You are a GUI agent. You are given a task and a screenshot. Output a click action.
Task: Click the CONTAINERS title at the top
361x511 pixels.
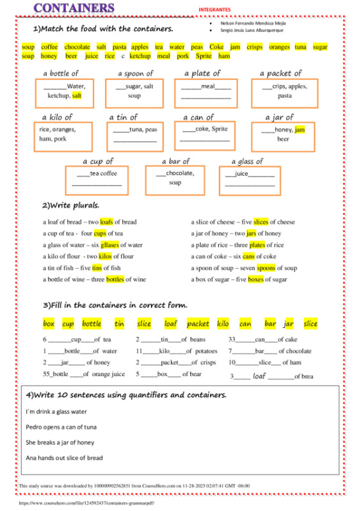click(74, 8)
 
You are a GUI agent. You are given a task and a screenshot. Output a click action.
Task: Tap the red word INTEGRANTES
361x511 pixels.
click(214, 10)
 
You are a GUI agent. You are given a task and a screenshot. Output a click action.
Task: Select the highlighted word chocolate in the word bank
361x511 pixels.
click(77, 47)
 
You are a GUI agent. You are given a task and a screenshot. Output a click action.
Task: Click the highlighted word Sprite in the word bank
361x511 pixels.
click(203, 56)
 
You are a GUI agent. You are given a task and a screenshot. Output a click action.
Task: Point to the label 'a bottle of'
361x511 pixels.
click(61, 74)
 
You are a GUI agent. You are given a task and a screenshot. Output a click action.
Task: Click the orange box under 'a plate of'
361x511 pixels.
click(206, 93)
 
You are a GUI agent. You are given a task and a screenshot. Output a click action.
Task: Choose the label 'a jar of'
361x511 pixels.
click(280, 118)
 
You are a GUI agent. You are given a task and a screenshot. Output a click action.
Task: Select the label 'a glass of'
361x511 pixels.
click(247, 162)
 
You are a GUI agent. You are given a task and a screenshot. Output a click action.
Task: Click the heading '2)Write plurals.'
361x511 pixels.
click(71, 206)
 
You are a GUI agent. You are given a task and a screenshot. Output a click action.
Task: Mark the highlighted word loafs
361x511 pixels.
click(106, 222)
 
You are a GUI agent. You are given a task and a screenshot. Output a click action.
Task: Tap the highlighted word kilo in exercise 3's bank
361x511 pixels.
click(223, 324)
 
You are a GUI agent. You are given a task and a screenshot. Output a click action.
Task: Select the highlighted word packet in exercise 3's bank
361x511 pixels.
click(198, 324)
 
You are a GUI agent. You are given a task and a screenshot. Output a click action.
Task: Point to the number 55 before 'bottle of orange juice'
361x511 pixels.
click(47, 374)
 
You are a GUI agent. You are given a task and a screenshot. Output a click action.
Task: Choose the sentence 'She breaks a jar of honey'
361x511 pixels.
click(60, 443)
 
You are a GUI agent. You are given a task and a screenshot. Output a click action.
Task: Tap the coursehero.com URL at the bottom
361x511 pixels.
click(86, 503)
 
